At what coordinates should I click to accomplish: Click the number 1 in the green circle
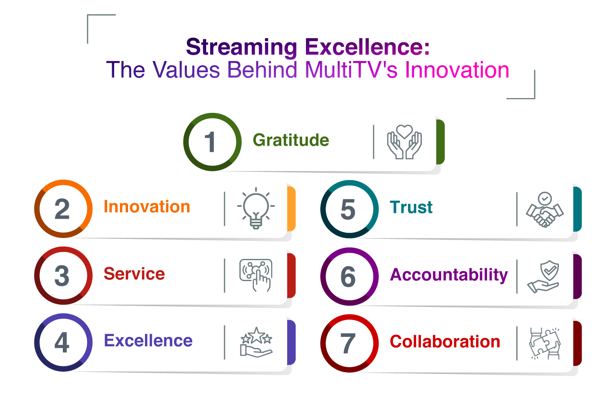[210, 142]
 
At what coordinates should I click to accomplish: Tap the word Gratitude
[291, 140]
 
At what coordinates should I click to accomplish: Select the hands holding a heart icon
[405, 142]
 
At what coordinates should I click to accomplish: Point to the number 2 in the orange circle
[62, 209]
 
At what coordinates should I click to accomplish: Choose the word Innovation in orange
[147, 207]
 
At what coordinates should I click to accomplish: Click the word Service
[134, 274]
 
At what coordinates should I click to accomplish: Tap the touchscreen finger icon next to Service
[256, 275]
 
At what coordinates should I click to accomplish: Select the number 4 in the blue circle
[62, 342]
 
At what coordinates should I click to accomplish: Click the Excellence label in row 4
[148, 341]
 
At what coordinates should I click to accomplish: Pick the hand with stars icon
[256, 342]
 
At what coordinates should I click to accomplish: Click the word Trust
[411, 207]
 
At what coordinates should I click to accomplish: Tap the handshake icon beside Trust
[545, 210]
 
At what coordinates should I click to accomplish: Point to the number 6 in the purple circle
[348, 277]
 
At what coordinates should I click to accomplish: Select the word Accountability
[449, 275]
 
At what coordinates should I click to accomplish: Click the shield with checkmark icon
[544, 277]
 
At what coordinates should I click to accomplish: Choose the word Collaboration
[445, 341]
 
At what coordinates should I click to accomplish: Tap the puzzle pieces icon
[545, 344]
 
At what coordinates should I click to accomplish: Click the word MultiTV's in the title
[351, 70]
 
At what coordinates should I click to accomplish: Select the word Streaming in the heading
[241, 47]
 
